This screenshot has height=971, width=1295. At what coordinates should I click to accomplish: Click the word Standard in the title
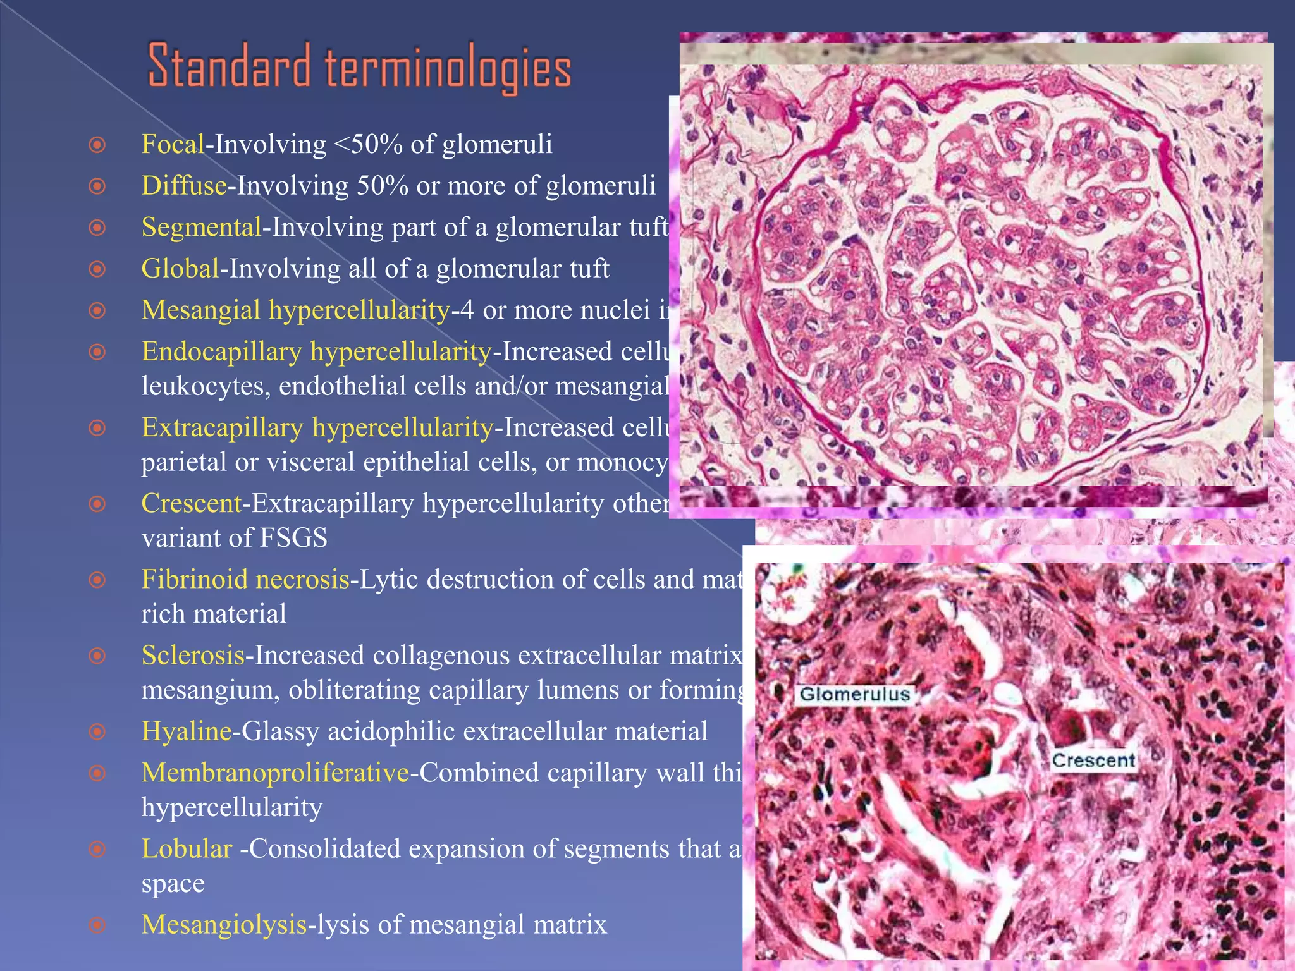[x=229, y=66]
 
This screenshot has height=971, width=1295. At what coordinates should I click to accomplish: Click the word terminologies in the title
[x=448, y=68]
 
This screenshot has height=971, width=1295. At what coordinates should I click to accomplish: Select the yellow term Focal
[x=172, y=145]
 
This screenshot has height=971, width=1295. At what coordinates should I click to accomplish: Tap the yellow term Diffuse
[x=183, y=186]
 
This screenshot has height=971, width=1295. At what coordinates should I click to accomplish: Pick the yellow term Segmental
[x=201, y=228]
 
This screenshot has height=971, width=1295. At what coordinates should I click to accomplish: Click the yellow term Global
[x=180, y=269]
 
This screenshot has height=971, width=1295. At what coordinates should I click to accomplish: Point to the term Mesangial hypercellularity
[x=295, y=310]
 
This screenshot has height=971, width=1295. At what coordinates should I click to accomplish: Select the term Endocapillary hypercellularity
[x=316, y=351]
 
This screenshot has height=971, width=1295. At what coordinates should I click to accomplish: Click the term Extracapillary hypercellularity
[x=317, y=428]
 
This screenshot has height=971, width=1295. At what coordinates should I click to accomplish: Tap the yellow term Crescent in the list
[x=191, y=504]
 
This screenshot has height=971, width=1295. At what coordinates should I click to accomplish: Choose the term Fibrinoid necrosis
[x=245, y=580]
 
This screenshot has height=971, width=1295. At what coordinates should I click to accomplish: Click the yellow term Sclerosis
[x=192, y=656]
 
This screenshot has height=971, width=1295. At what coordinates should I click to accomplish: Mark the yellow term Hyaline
[x=186, y=731]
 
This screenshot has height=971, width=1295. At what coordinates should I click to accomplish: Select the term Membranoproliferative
[x=275, y=773]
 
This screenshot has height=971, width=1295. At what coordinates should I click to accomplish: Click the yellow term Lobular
[x=187, y=849]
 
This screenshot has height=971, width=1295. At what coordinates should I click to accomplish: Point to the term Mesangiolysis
[x=224, y=925]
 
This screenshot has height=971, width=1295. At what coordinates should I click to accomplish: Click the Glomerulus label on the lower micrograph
[x=854, y=694]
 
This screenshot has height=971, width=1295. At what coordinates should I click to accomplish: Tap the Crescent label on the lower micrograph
[x=1093, y=760]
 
